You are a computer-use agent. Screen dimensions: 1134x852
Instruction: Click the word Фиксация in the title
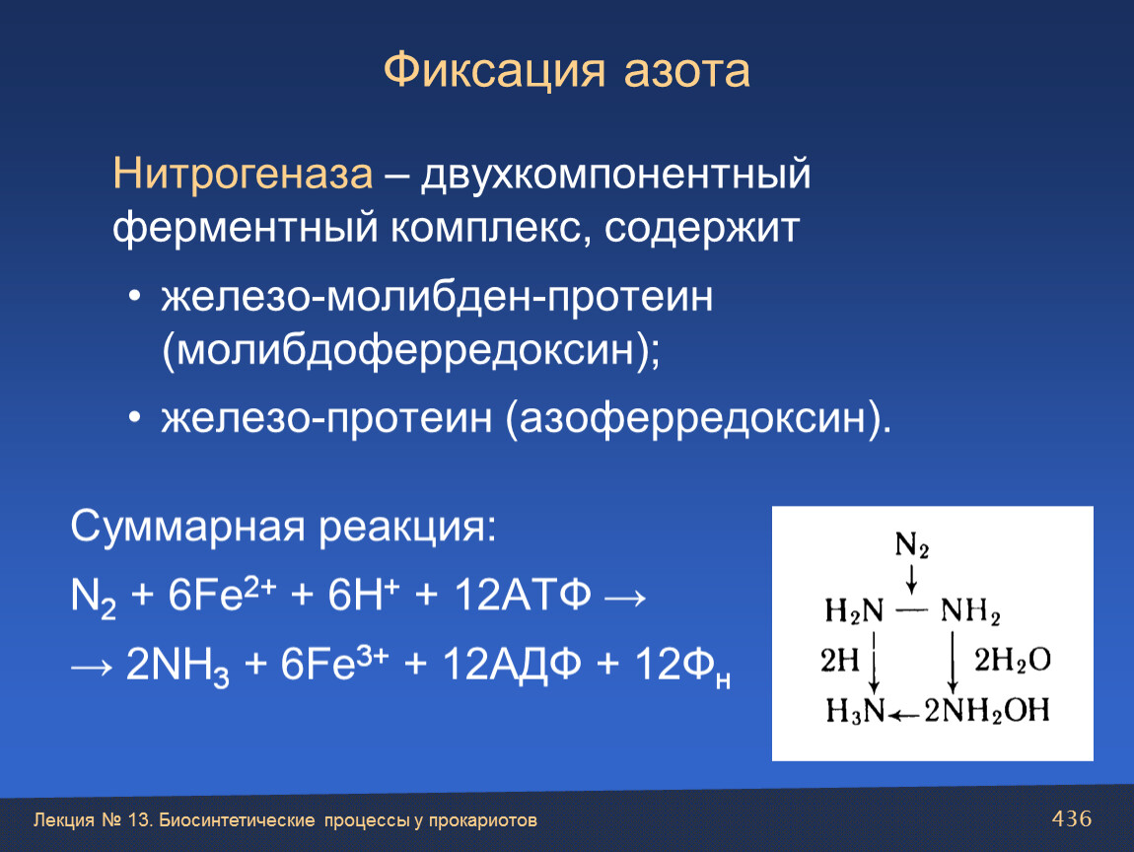pyautogui.click(x=494, y=71)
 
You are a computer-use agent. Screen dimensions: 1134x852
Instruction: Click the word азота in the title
pyautogui.click(x=687, y=72)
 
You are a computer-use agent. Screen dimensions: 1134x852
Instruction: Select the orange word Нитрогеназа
pyautogui.click(x=243, y=175)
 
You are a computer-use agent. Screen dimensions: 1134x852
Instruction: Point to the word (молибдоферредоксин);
pyautogui.click(x=411, y=350)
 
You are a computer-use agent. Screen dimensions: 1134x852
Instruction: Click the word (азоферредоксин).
pyautogui.click(x=698, y=418)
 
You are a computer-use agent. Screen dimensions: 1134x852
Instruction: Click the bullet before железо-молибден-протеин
pyautogui.click(x=134, y=297)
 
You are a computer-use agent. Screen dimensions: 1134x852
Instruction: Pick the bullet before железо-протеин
pyautogui.click(x=134, y=418)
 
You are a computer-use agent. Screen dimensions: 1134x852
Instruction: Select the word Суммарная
pyautogui.click(x=187, y=527)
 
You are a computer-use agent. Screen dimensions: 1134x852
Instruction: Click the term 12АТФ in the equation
pyautogui.click(x=523, y=596)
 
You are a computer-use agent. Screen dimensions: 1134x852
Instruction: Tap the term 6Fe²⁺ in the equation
pyautogui.click(x=222, y=595)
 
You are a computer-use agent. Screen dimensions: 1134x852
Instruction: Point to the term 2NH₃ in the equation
pyautogui.click(x=177, y=667)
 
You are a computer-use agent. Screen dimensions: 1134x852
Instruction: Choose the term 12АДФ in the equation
pyautogui.click(x=512, y=665)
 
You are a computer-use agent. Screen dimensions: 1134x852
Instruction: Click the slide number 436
pyautogui.click(x=1072, y=818)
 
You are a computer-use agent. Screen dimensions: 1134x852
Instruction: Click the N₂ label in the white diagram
pyautogui.click(x=912, y=544)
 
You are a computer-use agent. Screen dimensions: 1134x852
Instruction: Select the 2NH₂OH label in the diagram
pyautogui.click(x=987, y=711)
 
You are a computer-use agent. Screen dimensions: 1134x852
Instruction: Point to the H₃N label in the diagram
pyautogui.click(x=855, y=711)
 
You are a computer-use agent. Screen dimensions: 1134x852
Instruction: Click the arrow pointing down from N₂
pyautogui.click(x=912, y=579)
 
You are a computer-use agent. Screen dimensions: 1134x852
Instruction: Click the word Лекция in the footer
pyautogui.click(x=64, y=820)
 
